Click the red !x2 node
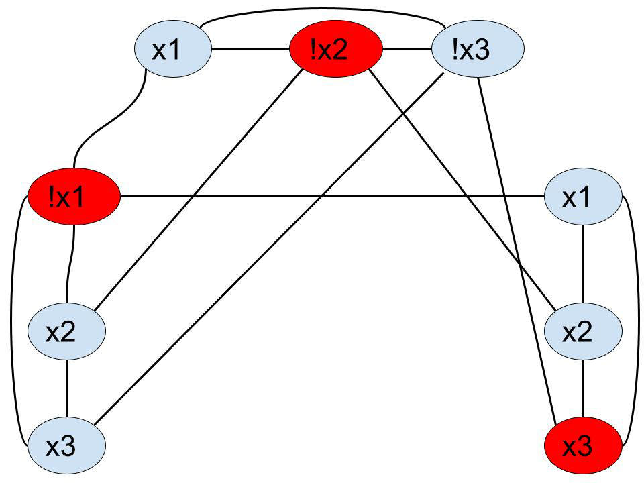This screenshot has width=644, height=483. coord(335,50)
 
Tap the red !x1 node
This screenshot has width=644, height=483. coord(74,197)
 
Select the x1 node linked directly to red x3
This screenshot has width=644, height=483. coord(582,197)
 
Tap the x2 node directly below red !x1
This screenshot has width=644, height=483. coord(66,331)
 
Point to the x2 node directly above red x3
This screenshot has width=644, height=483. coord(581,331)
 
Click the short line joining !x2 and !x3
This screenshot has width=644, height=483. coord(407,50)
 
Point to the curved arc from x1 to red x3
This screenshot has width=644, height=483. coord(634,322)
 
